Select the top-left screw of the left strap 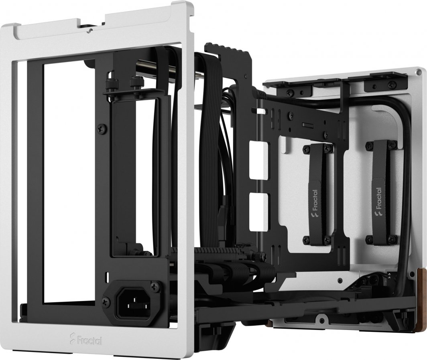(307, 148)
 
